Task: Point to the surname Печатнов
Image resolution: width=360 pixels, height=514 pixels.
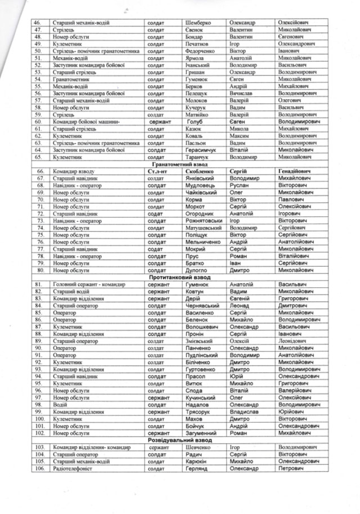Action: pos(199,43)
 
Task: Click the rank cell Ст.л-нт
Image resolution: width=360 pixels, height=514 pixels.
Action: pos(159,171)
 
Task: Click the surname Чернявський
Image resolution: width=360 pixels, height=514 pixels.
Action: pos(204,306)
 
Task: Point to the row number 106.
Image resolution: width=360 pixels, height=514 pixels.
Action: pos(39,469)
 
